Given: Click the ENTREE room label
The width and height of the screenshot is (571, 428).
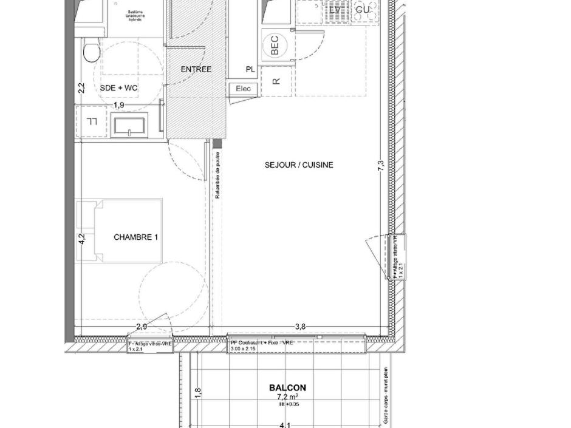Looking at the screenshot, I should [x=196, y=69].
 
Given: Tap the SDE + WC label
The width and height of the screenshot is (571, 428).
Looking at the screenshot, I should [x=119, y=89].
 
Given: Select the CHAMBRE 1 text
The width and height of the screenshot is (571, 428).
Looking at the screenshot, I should [x=136, y=237].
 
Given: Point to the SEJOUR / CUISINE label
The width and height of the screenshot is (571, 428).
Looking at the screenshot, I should [x=299, y=165].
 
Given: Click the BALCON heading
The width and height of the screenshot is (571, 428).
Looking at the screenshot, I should [x=287, y=388].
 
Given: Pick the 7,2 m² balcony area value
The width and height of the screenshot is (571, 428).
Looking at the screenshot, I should [x=287, y=397].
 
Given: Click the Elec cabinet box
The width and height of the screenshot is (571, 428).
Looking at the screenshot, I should [x=244, y=89].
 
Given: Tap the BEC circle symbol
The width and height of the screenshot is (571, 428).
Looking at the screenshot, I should [x=275, y=46].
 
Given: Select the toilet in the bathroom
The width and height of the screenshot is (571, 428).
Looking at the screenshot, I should [x=91, y=51].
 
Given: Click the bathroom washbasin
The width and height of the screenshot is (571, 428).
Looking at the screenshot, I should [x=129, y=124].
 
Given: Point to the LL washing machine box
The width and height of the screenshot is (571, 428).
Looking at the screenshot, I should [x=92, y=121].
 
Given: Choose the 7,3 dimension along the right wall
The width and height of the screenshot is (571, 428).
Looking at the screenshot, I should [x=381, y=166].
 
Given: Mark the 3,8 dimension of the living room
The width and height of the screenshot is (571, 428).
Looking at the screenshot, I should [x=300, y=327].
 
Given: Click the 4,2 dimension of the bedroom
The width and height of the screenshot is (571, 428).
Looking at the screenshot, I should [x=82, y=239].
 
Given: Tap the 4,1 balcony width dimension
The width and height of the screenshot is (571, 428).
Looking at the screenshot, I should [x=285, y=425].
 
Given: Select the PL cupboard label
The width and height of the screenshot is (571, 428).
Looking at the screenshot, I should [x=250, y=70].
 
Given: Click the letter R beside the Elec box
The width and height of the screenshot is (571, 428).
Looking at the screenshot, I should [x=276, y=81].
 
